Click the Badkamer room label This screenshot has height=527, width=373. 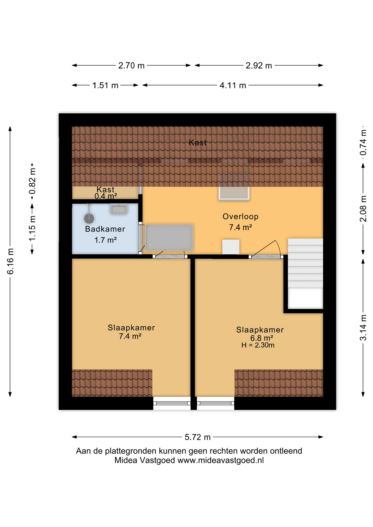tap(105, 229)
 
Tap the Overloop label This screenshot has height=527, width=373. tap(240, 217)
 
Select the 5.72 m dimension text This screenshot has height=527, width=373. tap(197, 437)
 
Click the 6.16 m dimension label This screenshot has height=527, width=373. tap(10, 261)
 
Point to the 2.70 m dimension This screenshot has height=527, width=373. tap(131, 66)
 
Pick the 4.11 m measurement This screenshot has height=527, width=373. tap(233, 85)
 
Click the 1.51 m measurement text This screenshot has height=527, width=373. tap(105, 85)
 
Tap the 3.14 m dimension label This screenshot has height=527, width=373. tap(363, 328)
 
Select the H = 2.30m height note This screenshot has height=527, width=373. tap(258, 345)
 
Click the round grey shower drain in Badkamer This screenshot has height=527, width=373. tap(89, 218)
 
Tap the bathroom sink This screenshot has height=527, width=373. tap(118, 209)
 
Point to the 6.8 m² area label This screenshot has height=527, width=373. tap(261, 338)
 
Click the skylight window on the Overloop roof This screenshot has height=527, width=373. tap(234, 187)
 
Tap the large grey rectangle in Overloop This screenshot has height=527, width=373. tap(169, 238)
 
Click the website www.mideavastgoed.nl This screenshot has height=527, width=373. tap(221, 460)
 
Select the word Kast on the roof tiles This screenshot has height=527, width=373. tap(197, 142)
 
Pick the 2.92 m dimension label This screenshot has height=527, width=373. tap(259, 66)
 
